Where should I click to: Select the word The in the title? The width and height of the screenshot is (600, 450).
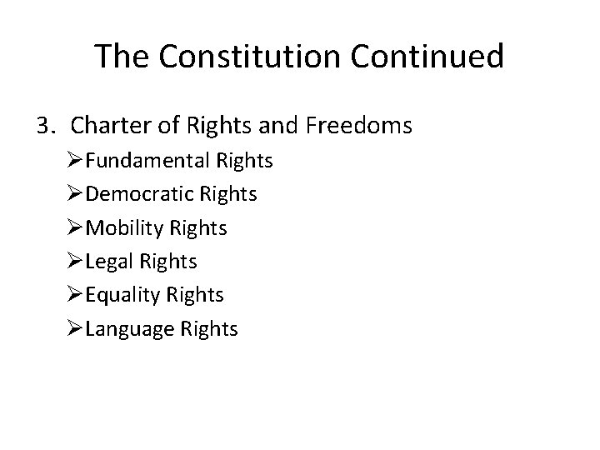click(x=118, y=57)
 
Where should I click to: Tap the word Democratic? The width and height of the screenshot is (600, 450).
click(x=144, y=194)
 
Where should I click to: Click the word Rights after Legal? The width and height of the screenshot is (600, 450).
click(x=170, y=262)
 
